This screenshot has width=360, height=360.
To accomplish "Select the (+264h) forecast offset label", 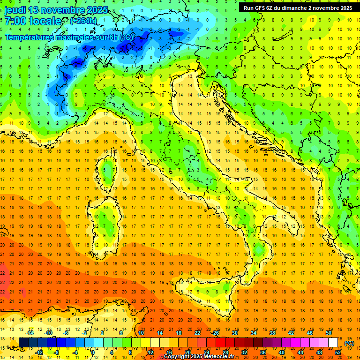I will click(x=83, y=21).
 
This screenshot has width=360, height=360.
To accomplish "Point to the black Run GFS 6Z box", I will click(x=298, y=7).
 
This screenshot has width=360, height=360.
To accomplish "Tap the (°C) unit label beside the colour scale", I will click(x=349, y=343).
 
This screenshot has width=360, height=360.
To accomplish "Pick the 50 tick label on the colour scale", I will click(x=329, y=333).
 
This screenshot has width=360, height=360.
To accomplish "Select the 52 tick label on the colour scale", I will click(x=338, y=352).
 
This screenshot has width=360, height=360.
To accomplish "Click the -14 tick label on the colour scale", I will click(x=30, y=333).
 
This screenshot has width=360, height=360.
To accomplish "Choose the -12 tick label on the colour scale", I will click(x=39, y=352).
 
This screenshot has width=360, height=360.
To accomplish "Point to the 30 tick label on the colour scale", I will click(x=235, y=333).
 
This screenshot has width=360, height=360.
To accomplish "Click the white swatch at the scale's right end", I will click(x=333, y=343).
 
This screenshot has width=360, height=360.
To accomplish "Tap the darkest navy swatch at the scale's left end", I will click(x=23, y=343).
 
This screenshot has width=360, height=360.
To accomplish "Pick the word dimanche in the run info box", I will click(x=293, y=8).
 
